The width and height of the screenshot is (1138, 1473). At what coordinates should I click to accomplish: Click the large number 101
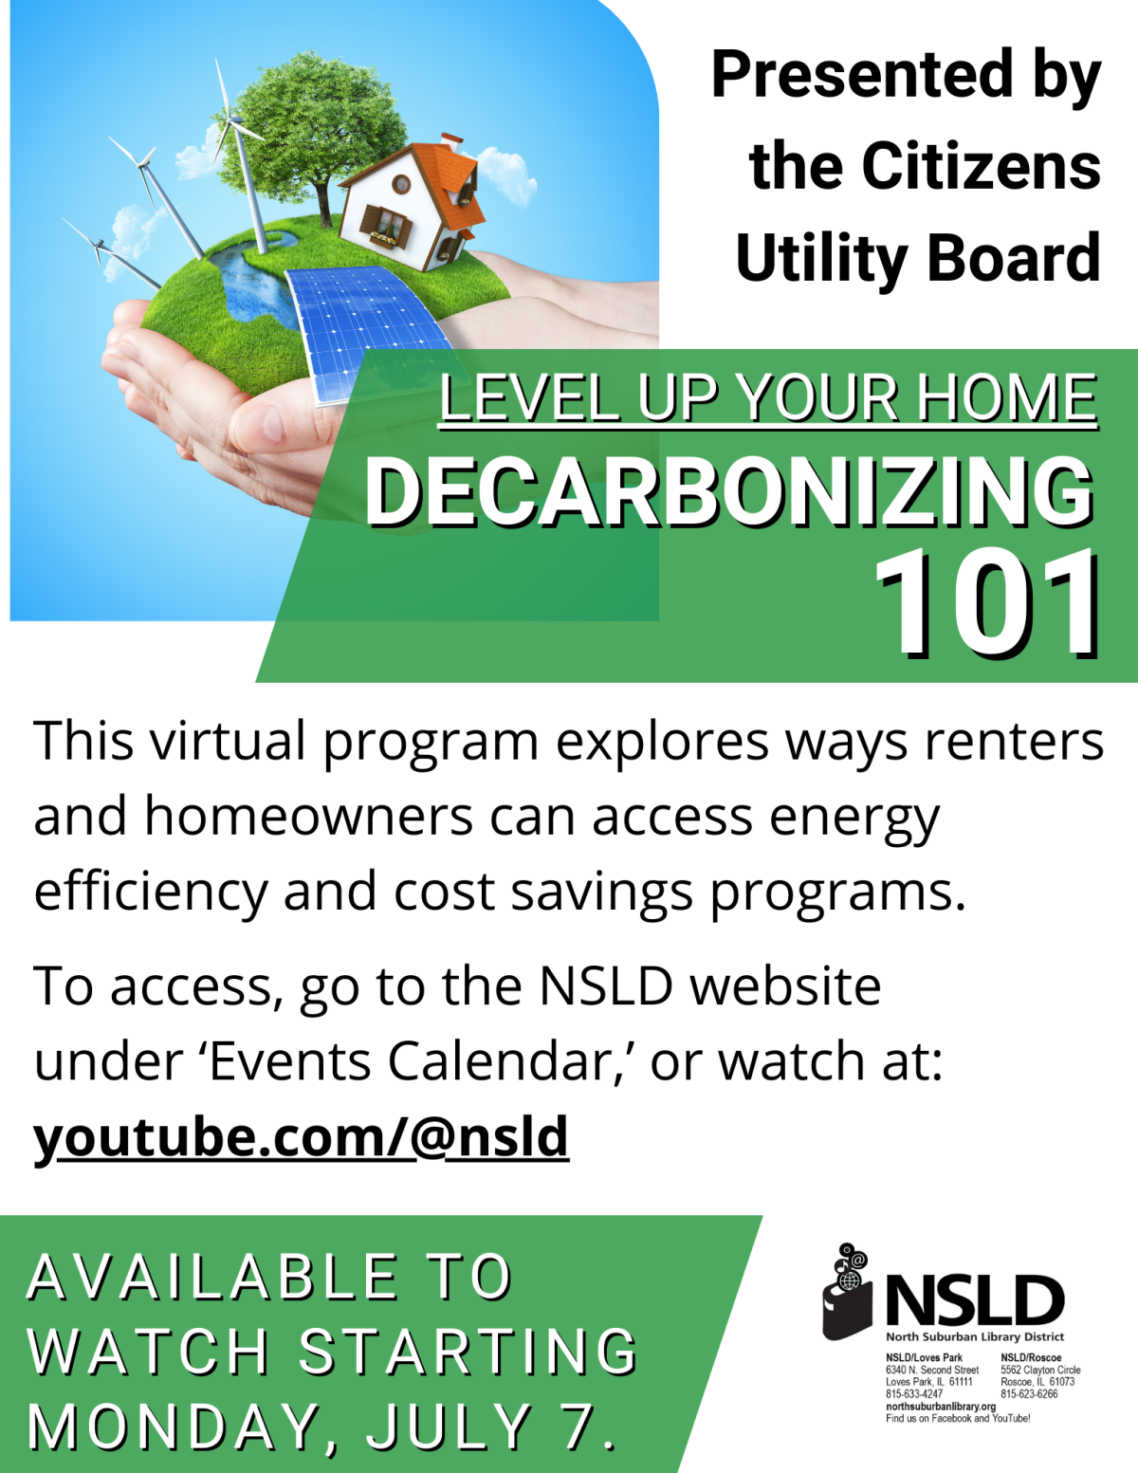986,604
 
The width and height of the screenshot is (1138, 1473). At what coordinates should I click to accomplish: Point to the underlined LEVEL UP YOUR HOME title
768,398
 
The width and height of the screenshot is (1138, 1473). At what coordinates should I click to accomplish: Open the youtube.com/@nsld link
301,1137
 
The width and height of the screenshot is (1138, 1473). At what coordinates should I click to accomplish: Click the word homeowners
308,817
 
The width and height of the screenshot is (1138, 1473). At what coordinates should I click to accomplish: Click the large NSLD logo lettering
975,1300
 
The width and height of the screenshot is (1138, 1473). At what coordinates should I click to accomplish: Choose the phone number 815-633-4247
914,1394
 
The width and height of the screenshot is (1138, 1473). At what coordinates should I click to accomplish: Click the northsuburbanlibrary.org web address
940,1407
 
